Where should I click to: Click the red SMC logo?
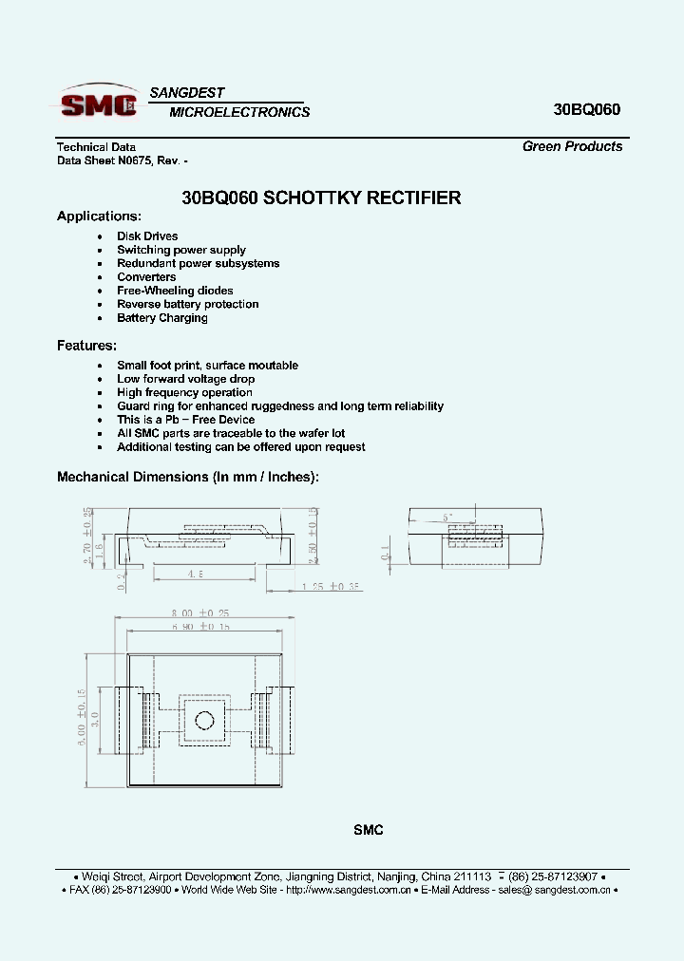(x=98, y=104)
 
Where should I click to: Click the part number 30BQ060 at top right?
(x=586, y=109)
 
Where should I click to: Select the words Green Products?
(x=572, y=146)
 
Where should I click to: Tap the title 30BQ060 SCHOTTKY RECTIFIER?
(x=321, y=198)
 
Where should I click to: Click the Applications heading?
(x=99, y=217)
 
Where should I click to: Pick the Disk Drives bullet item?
(x=147, y=236)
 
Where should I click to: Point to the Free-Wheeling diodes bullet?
(x=175, y=291)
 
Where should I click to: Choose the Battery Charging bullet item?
(x=161, y=318)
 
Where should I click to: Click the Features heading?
(x=86, y=346)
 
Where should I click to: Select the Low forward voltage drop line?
(x=185, y=379)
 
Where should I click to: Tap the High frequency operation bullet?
(x=184, y=392)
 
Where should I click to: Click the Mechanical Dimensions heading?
(x=188, y=477)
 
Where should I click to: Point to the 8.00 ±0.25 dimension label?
(x=200, y=614)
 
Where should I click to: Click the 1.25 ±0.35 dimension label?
(x=332, y=587)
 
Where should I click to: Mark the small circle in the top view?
(x=200, y=719)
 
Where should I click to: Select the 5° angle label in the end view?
(x=447, y=518)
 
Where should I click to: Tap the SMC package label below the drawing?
(x=368, y=830)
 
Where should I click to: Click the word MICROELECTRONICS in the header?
(x=239, y=112)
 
